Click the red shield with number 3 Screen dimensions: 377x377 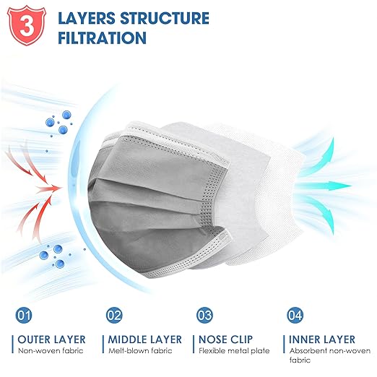point(27,25)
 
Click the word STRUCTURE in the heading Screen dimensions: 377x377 point(165,18)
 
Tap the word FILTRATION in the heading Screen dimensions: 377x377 point(102,38)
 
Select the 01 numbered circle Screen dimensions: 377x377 point(24,315)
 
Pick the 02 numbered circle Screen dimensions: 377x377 point(114,315)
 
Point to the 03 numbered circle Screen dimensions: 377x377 point(204,315)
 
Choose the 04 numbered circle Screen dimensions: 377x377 point(295,315)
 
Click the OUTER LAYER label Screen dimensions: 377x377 point(51,339)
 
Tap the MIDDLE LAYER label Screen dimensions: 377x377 point(145,339)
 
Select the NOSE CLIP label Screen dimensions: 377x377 point(225,339)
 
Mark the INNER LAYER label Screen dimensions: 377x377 point(322,339)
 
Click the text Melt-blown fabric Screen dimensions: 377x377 point(140,351)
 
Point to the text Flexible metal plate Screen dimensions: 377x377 point(234,351)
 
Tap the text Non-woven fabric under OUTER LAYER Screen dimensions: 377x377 point(51,351)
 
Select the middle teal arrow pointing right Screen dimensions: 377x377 point(324,186)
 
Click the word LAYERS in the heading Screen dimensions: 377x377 point(87,18)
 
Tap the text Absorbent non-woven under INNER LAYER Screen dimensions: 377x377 point(330,351)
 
